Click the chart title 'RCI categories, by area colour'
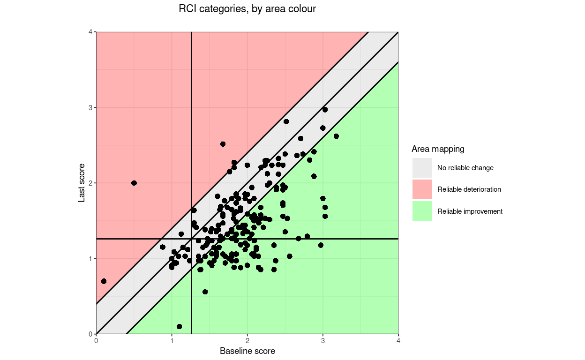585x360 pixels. (x=247, y=9)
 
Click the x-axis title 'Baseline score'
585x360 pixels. (x=247, y=351)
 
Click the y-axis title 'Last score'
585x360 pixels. (x=82, y=183)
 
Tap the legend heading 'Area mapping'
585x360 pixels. (x=438, y=149)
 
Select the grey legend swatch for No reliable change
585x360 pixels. (x=422, y=168)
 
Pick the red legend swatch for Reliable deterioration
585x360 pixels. (x=422, y=189)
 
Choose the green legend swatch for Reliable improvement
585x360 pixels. (x=422, y=211)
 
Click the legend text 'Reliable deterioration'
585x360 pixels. (x=469, y=189)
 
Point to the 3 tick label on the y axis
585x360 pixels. (x=91, y=107)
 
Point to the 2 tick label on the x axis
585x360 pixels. (x=247, y=341)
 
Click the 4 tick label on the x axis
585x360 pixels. (x=398, y=341)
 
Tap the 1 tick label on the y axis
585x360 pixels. (x=91, y=258)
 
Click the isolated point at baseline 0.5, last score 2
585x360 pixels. (x=134, y=183)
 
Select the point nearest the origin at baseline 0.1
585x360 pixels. (x=104, y=281)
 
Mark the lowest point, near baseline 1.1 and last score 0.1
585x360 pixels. (x=179, y=326)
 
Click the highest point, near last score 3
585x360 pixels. (x=325, y=109)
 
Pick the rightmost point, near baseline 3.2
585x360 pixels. (x=336, y=136)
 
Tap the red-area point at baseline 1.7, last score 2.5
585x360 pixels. (x=223, y=144)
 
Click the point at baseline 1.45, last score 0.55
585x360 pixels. (x=205, y=292)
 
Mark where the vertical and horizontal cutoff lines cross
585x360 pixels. (x=191, y=239)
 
